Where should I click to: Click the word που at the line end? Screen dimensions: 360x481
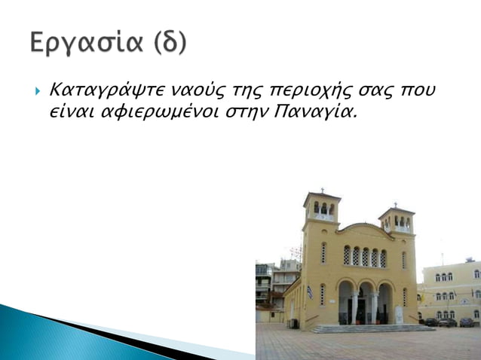[420, 91]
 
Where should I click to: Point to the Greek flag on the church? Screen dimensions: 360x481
[309, 292]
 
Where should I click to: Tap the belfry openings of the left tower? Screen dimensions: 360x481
[323, 208]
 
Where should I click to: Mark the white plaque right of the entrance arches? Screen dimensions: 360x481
[399, 314]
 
